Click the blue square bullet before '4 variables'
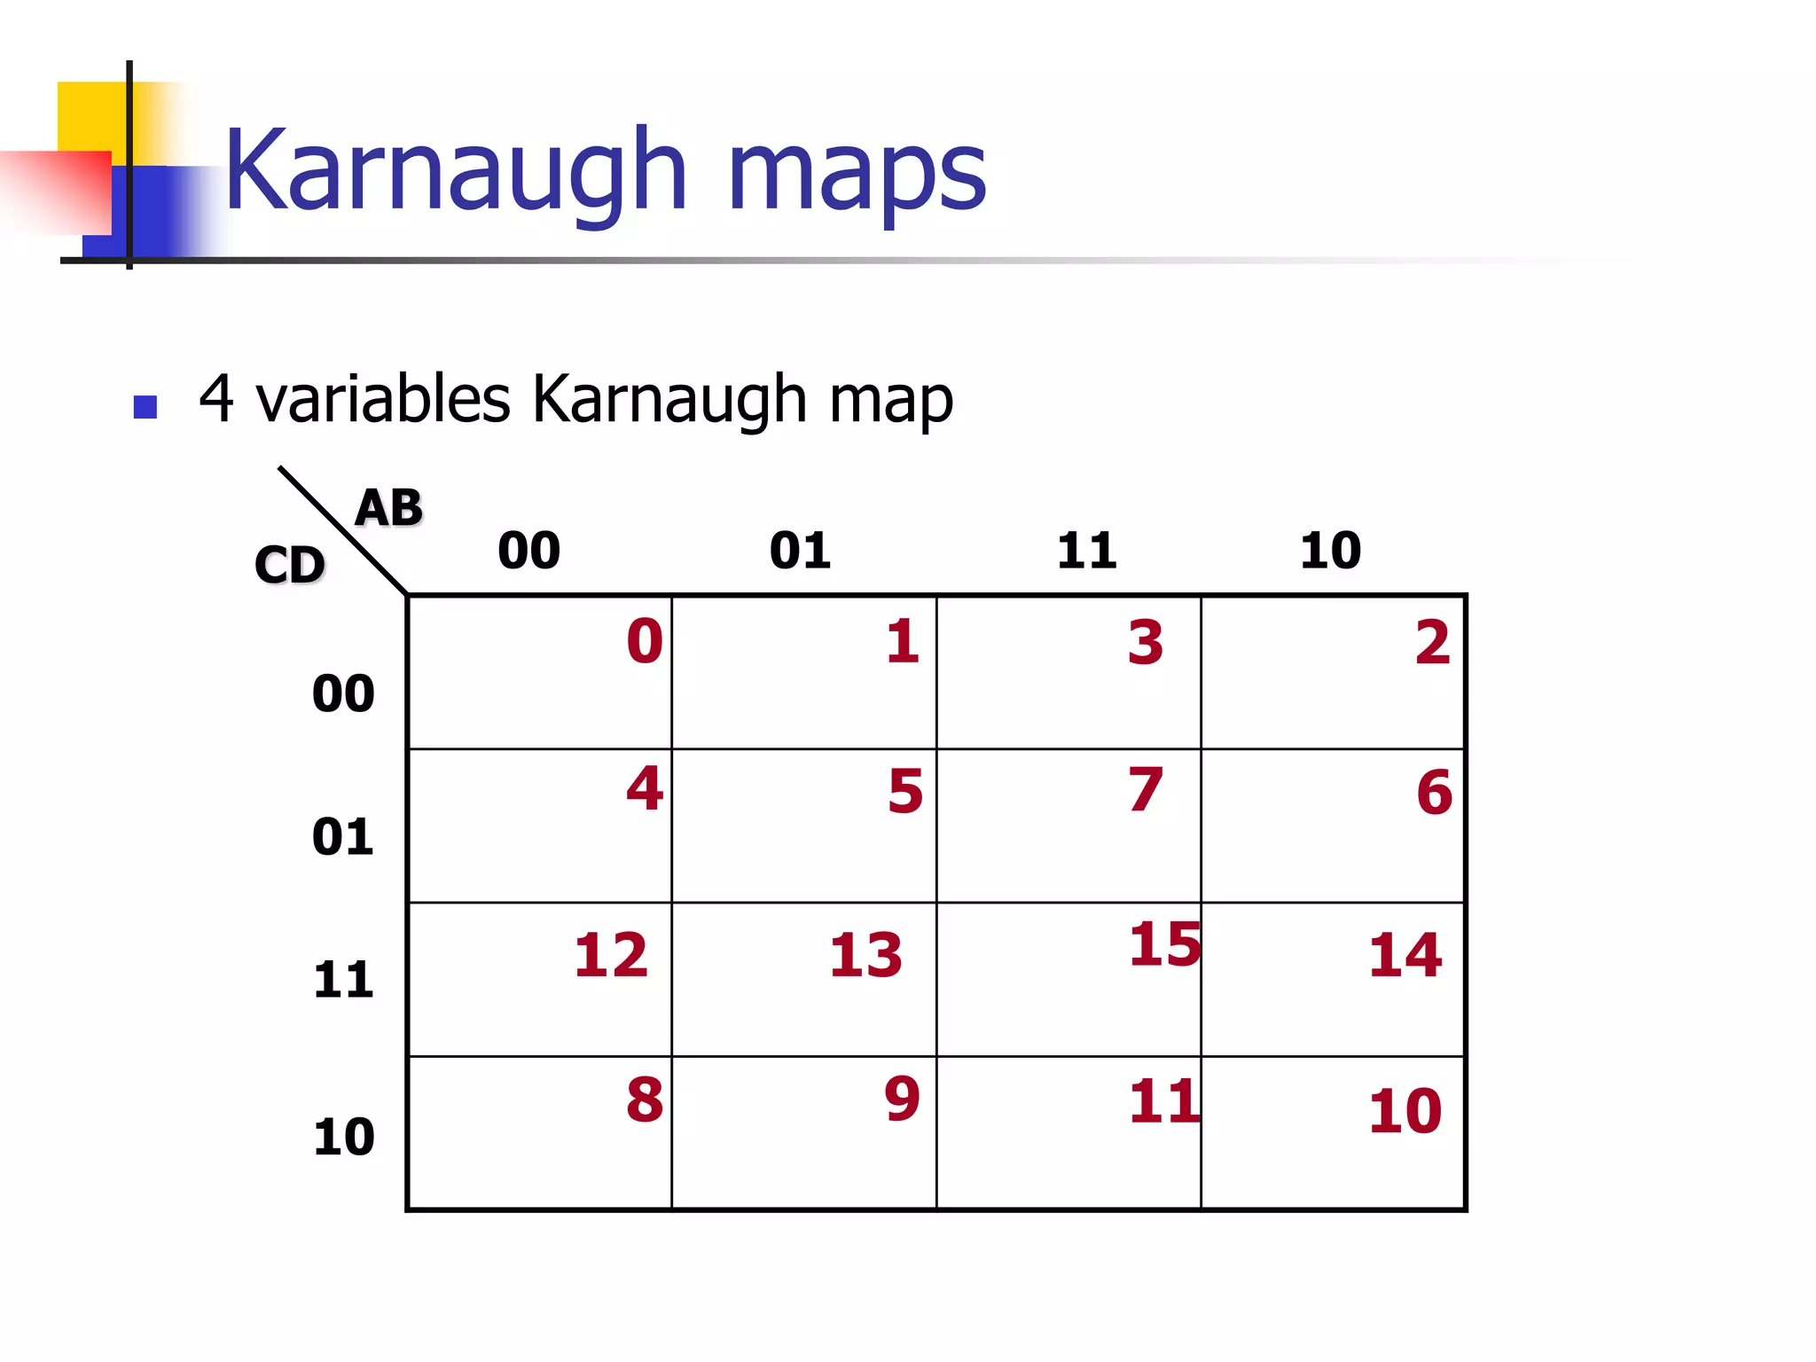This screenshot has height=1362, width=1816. click(145, 407)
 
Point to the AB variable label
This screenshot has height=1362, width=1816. click(388, 508)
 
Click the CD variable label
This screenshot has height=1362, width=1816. click(290, 565)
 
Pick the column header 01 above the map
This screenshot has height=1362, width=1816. click(800, 551)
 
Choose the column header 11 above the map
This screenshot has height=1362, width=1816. click(1087, 551)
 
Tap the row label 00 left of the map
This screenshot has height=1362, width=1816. click(343, 693)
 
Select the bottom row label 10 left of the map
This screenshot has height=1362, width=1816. click(344, 1137)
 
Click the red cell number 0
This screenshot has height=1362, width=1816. click(645, 641)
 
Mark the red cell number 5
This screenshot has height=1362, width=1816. click(905, 791)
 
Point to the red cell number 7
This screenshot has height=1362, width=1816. click(1146, 789)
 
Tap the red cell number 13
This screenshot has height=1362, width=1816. click(865, 955)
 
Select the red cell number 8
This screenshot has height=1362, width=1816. click(645, 1100)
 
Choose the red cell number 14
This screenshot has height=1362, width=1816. click(1405, 955)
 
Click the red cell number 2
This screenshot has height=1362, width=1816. click(1433, 642)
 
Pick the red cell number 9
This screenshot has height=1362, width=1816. click(903, 1099)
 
